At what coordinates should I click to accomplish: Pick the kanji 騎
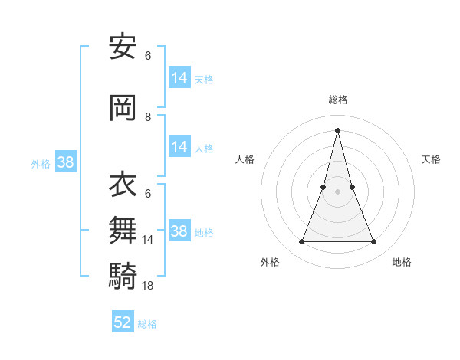(123, 273)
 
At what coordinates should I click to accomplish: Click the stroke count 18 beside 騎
(149, 285)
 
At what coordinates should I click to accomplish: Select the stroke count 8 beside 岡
(148, 117)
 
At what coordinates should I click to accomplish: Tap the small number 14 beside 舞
(149, 240)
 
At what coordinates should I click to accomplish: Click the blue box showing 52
(123, 322)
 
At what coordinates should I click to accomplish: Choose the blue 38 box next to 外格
(65, 162)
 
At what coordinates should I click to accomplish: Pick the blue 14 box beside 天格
(179, 77)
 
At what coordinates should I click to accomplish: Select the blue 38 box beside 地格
(179, 231)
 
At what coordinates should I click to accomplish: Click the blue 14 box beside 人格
(179, 147)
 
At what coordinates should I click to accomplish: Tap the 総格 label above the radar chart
(338, 100)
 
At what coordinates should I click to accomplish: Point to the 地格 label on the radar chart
(402, 262)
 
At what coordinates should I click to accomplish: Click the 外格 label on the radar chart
(270, 262)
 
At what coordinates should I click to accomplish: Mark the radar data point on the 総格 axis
(337, 129)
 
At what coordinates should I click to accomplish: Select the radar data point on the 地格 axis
(374, 242)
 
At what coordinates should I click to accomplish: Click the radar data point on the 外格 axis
(301, 242)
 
